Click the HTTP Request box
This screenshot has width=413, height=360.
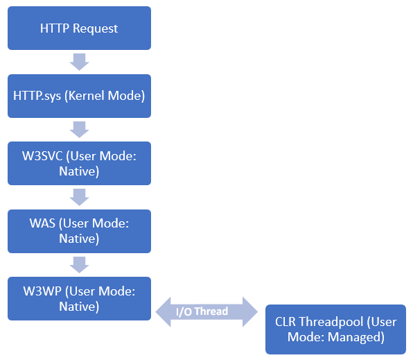pyautogui.click(x=79, y=28)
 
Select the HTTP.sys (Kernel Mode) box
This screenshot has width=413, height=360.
pyautogui.click(x=79, y=96)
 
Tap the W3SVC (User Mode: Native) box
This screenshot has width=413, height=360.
pyautogui.click(x=79, y=163)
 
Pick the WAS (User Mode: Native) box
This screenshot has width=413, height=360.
pyautogui.click(x=79, y=230)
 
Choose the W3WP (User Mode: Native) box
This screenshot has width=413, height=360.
pyautogui.click(x=79, y=298)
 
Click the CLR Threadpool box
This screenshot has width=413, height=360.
pyautogui.click(x=335, y=329)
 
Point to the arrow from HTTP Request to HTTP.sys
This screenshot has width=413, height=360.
pyautogui.click(x=79, y=62)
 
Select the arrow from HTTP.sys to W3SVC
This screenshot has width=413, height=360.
pyautogui.click(x=79, y=129)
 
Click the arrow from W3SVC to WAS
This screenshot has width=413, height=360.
pyautogui.click(x=79, y=196)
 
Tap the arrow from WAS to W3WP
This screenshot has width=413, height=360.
pyautogui.click(x=79, y=264)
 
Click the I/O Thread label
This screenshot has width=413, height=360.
pyautogui.click(x=202, y=311)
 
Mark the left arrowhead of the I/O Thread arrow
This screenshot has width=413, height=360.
pyautogui.click(x=164, y=311)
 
